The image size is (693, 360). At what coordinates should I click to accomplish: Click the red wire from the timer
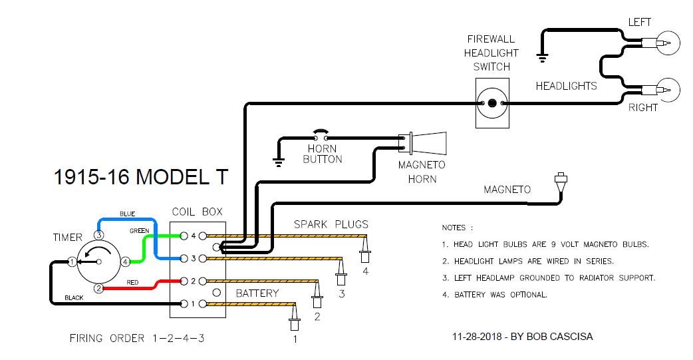coord(133,288)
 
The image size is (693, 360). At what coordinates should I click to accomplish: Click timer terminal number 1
coord(72,262)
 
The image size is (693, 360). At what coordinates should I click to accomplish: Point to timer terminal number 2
coord(98,288)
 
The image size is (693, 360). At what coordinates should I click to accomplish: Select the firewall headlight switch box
coord(492,102)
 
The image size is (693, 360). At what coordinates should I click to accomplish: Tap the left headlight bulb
coord(666,44)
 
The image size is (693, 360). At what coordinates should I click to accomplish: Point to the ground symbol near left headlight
coord(543,59)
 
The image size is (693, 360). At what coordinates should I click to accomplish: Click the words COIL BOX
coord(198,212)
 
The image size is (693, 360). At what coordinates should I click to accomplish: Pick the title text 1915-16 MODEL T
coord(140,177)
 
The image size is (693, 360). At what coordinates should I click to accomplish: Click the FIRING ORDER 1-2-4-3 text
coord(136,338)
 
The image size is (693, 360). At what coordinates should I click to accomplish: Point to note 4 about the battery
coord(494,294)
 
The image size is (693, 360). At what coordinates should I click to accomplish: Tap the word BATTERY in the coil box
coord(257,293)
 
